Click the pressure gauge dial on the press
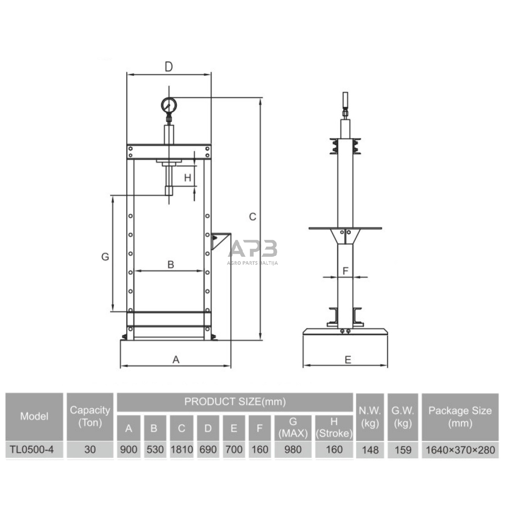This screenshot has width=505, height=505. (x=169, y=105)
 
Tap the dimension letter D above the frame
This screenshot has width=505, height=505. (x=169, y=67)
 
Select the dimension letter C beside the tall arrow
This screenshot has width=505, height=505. (x=252, y=217)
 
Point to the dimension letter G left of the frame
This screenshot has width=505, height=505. (x=105, y=257)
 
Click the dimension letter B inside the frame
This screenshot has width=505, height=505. (x=171, y=264)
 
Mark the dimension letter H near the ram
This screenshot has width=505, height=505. (x=187, y=177)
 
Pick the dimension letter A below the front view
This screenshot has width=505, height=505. (x=176, y=360)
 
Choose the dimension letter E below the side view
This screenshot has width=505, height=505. (x=348, y=360)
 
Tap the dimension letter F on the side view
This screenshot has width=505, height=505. (x=345, y=271)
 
